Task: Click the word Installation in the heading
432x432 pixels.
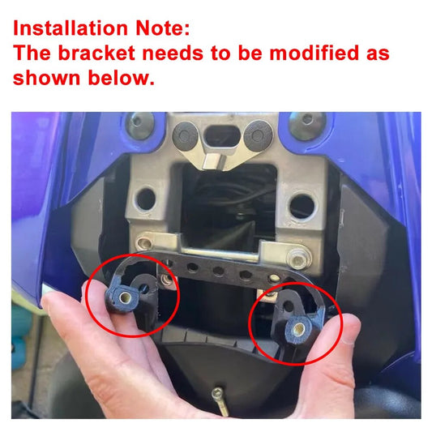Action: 71,28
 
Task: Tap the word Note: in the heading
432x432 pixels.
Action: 163,28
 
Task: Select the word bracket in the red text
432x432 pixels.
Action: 96,53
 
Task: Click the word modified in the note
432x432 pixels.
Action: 314,53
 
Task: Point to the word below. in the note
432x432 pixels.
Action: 122,78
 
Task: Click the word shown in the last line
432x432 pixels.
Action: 46,78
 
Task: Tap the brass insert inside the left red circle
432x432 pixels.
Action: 126,297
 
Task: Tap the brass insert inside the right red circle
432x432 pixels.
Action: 299,328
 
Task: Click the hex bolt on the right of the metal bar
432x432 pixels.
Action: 298,259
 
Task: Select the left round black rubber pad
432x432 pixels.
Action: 185,136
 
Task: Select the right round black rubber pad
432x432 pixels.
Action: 258,135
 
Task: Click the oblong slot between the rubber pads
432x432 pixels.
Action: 223,136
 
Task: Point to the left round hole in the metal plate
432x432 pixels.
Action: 146,199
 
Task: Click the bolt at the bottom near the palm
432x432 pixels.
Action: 220,401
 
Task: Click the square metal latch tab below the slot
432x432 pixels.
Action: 214,160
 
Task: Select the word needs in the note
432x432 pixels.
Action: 173,53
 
